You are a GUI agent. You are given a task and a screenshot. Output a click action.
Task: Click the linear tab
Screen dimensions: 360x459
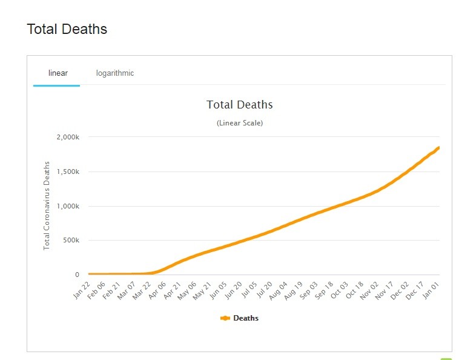[x=58, y=73]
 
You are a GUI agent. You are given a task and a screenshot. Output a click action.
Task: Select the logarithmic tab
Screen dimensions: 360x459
[x=115, y=73]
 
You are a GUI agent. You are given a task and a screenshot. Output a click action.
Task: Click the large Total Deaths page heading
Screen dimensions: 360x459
[x=67, y=28]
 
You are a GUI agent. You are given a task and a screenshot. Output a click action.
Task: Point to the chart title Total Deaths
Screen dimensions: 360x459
[x=239, y=105]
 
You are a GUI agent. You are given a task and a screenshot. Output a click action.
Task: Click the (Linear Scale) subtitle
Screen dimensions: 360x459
[x=239, y=123]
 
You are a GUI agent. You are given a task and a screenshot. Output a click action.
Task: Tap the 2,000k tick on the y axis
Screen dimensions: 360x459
[x=68, y=137]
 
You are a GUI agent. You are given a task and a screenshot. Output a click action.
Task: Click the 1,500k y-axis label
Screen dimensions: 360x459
[x=68, y=172]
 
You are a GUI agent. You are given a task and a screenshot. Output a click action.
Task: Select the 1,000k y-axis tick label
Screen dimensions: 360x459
[x=68, y=206]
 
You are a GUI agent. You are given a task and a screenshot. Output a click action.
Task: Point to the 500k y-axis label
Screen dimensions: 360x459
[x=70, y=241]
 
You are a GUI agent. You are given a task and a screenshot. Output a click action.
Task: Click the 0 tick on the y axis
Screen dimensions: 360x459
[x=77, y=275]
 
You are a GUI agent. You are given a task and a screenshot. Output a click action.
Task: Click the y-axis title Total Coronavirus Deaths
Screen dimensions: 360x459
[x=47, y=206]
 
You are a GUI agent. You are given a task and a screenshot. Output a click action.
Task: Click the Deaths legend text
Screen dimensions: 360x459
[x=246, y=318]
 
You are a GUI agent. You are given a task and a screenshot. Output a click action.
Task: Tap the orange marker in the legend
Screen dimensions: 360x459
[x=225, y=318]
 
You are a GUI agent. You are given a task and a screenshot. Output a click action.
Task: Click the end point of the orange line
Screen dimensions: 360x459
[x=438, y=147]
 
